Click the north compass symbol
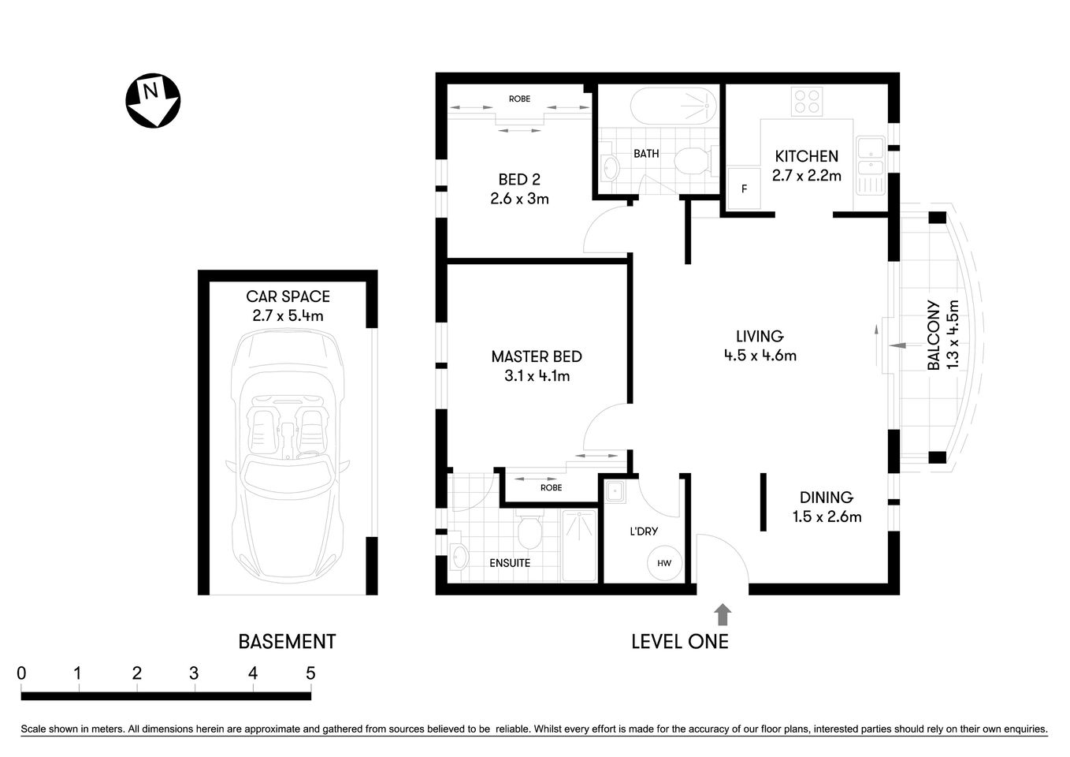pos(153,100)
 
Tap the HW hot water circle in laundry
pos(663,563)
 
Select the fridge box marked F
pos(743,188)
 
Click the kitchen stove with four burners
pos(807,101)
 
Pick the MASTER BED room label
pos(536,356)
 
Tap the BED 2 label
pos(518,180)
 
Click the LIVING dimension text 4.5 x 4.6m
pos(760,356)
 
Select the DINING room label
pos(826,497)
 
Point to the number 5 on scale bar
pos(310,673)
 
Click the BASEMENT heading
pos(287,642)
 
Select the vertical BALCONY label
pos(933,335)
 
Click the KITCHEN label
pos(806,156)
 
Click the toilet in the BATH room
pos(693,162)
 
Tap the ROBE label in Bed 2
pos(519,99)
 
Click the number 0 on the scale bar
pos(21,673)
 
